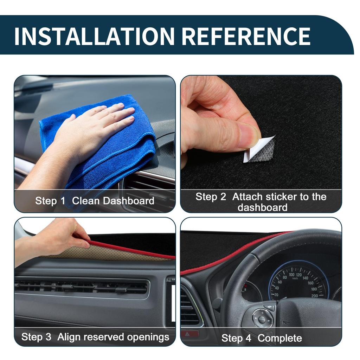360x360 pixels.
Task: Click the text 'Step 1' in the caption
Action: click(50, 201)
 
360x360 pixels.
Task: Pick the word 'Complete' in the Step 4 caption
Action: click(279, 338)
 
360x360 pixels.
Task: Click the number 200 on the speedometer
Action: click(314, 296)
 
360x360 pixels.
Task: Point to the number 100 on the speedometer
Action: click(292, 275)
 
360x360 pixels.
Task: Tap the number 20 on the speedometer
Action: click(276, 295)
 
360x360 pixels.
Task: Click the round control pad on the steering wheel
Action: click(262, 319)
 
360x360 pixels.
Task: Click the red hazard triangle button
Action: click(188, 333)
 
